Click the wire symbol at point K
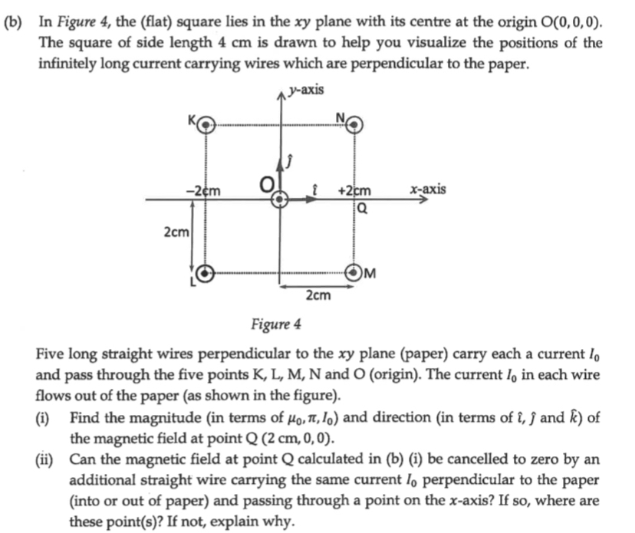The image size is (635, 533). coord(206,127)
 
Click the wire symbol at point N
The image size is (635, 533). coord(355,127)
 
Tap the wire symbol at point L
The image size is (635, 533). coord(206,272)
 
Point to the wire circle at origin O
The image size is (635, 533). coord(281,199)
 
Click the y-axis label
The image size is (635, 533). coord(306,90)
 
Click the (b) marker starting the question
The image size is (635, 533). coord(13,24)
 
